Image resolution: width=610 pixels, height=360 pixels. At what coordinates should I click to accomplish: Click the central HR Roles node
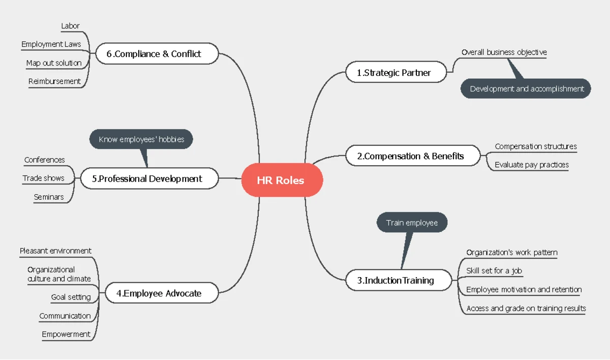(282, 180)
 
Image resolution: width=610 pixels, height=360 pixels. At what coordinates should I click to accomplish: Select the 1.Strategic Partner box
(396, 72)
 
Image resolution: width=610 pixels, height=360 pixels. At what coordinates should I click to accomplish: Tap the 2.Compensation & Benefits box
(413, 156)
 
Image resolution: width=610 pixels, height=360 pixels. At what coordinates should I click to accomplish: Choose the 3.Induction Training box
(399, 280)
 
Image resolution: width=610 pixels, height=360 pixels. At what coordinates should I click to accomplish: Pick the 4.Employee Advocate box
(162, 293)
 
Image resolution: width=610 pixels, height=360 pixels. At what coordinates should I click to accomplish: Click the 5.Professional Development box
(149, 178)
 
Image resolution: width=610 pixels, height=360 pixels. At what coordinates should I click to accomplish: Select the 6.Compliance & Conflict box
(157, 54)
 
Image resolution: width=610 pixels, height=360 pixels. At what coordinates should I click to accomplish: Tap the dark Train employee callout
(412, 223)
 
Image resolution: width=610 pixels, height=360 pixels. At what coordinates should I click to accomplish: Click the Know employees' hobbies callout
(141, 139)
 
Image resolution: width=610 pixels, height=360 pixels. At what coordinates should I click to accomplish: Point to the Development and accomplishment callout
(526, 89)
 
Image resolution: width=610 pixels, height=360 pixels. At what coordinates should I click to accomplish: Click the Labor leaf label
(70, 26)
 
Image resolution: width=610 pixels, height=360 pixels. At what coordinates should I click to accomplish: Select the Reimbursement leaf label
(54, 81)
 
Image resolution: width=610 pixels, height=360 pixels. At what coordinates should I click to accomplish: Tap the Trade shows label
(43, 178)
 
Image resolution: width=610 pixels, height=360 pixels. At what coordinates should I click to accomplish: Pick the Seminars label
(49, 197)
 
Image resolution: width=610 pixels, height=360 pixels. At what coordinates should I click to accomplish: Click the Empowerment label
(66, 334)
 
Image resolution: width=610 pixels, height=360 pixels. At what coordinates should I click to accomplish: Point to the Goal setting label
(71, 297)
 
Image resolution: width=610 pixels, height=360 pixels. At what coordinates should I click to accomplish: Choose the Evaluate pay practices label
(532, 165)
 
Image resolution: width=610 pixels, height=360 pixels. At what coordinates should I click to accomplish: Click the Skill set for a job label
(494, 271)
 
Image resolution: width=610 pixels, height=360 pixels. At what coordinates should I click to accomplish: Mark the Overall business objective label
(504, 52)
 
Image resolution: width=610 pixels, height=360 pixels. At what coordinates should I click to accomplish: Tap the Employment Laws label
(51, 44)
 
